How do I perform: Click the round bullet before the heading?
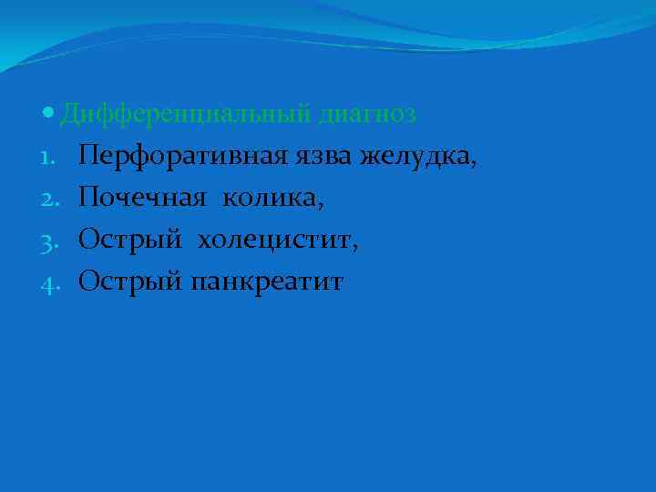click(x=48, y=115)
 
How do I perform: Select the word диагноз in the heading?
click(x=368, y=116)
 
